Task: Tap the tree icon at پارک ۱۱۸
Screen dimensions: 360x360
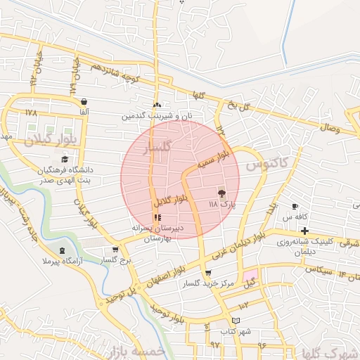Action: click(222, 193)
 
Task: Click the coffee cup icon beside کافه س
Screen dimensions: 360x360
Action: click(295, 207)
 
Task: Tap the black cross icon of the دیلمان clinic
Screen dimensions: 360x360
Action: click(304, 231)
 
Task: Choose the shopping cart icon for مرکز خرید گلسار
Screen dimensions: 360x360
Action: click(207, 274)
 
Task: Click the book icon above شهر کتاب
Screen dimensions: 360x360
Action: click(245, 321)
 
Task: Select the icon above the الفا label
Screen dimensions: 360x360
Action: click(84, 101)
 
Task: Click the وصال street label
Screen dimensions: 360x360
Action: click(330, 129)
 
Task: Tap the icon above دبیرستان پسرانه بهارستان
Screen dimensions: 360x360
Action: click(157, 217)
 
